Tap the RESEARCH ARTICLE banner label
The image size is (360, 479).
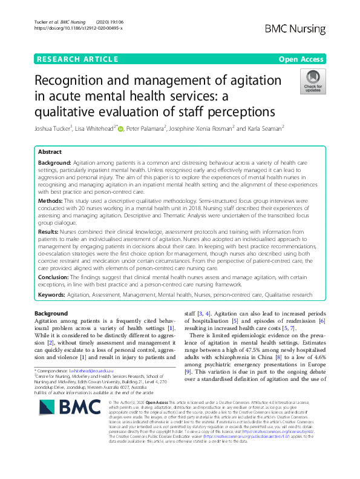coord(77,59)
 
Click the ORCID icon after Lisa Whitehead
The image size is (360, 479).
coord(120,128)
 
